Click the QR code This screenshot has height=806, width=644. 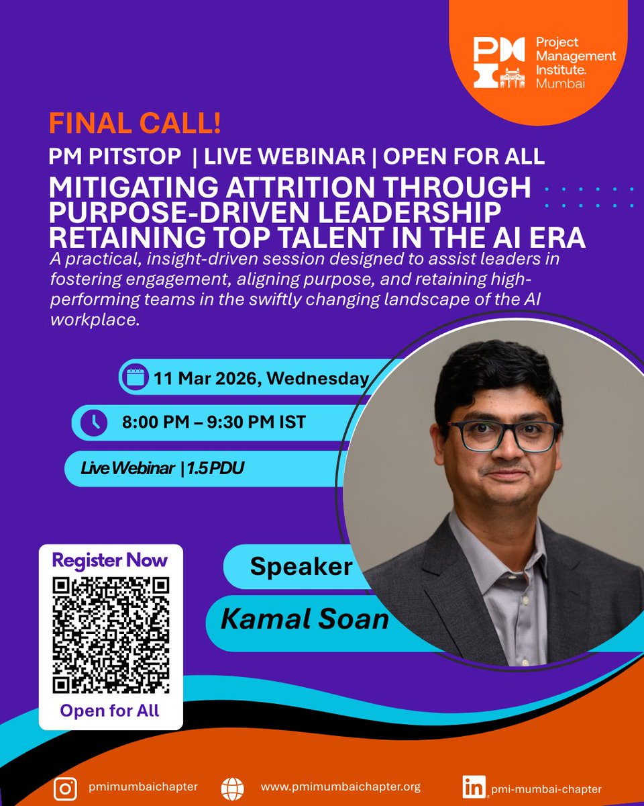point(110,635)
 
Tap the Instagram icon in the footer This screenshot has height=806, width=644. point(65,788)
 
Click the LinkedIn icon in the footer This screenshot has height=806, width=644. point(474,788)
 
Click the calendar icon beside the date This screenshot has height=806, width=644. point(137,377)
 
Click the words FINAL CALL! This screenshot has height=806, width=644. point(135,126)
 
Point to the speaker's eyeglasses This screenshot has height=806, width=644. point(503,435)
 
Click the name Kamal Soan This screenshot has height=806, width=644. point(305,619)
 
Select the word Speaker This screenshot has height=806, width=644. point(301,567)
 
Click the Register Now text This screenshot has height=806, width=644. point(110,559)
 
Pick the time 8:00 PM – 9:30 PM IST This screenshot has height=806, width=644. point(213,422)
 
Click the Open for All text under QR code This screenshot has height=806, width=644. point(110,711)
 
